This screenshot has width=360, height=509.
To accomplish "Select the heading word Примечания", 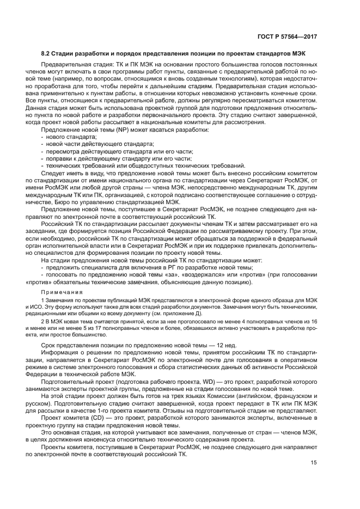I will point(59,292).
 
